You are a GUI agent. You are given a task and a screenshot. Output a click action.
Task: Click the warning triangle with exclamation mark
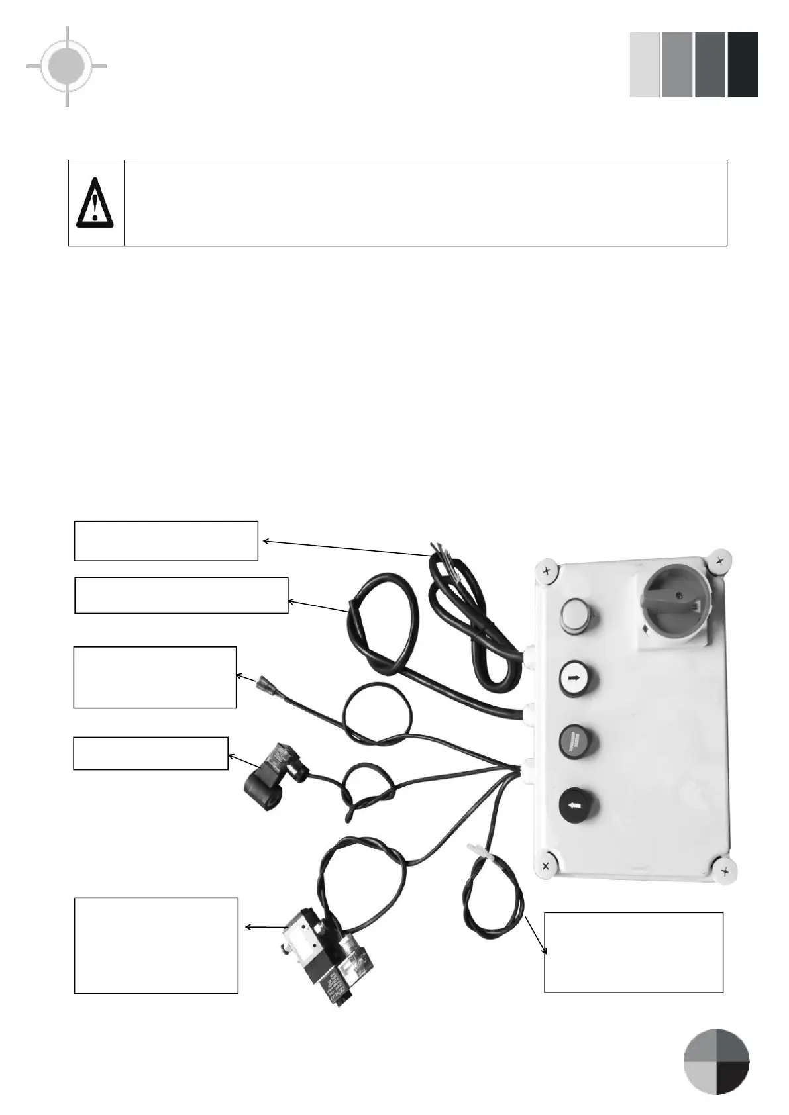[95, 203]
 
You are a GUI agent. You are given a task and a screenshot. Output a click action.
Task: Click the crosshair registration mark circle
[67, 66]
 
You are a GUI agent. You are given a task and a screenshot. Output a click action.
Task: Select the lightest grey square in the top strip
[644, 65]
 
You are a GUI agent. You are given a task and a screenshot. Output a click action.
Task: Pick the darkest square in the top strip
[742, 65]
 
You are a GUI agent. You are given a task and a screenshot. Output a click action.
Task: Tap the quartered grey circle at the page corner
[716, 1061]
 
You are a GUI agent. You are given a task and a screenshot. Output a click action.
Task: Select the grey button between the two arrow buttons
[578, 740]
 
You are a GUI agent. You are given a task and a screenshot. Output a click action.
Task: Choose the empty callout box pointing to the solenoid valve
[156, 945]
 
